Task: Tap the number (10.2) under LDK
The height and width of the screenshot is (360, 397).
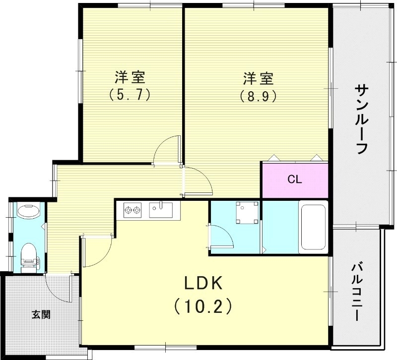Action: pyautogui.click(x=203, y=307)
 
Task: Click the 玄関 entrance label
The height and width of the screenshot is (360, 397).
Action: pyautogui.click(x=41, y=314)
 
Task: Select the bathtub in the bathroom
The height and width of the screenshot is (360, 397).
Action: pyautogui.click(x=312, y=227)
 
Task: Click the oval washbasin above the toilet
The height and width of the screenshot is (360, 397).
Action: pyautogui.click(x=28, y=212)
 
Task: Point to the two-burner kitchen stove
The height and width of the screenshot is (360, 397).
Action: pyautogui.click(x=132, y=210)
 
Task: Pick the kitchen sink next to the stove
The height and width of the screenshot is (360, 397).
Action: pyautogui.click(x=160, y=210)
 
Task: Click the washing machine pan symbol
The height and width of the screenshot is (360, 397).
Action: pyautogui.click(x=247, y=212)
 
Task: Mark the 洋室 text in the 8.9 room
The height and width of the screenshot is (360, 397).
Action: pyautogui.click(x=258, y=78)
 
